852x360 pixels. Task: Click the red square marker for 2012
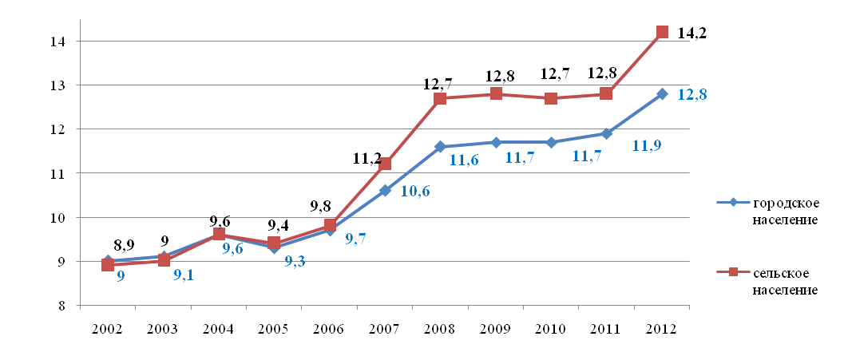click(662, 32)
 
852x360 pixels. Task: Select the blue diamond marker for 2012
click(662, 94)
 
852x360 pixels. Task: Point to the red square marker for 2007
click(385, 164)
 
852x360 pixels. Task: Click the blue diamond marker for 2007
click(385, 190)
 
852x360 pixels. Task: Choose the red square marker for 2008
click(440, 98)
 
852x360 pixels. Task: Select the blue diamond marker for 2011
click(606, 133)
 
